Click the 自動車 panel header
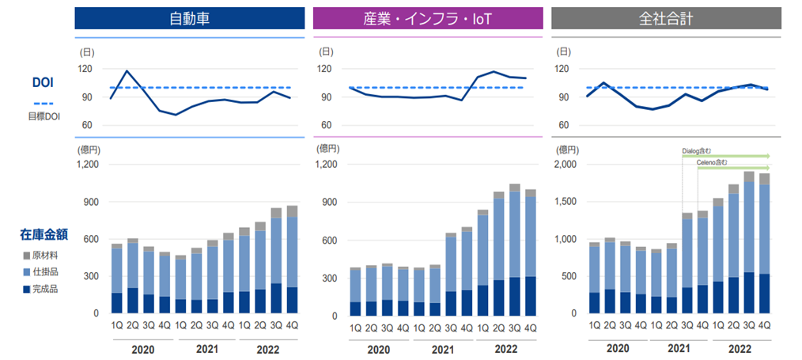click(190, 19)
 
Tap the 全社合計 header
click(666, 19)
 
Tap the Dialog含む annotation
click(697, 150)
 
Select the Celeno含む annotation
click(711, 162)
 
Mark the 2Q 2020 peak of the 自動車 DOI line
click(127, 71)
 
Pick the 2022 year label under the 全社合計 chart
click(740, 349)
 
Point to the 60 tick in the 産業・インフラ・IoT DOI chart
click(325, 126)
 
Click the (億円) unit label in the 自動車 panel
click(88, 148)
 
